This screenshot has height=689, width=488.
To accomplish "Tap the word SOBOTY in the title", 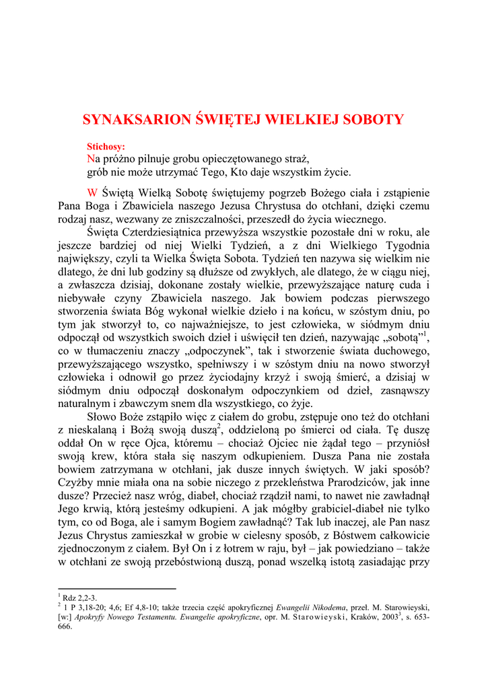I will point(373,120).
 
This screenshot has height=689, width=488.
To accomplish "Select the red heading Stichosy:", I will point(106,146).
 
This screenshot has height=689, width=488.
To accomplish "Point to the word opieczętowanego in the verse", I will point(239,159).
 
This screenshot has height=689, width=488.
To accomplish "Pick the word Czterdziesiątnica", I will point(172,233).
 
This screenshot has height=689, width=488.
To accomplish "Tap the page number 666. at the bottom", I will point(65,626).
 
